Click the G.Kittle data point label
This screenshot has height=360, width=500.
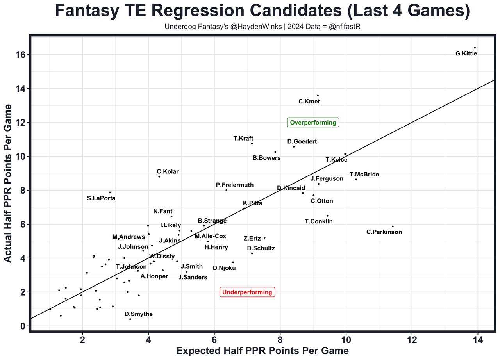466,53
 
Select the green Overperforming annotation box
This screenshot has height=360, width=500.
313,123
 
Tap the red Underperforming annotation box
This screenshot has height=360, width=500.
247,292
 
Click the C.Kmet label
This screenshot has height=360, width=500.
309,102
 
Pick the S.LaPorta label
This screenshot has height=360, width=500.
101,198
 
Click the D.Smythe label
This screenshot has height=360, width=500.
139,314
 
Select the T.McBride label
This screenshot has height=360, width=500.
364,175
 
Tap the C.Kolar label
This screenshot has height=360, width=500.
168,171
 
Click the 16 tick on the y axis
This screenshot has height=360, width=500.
20,55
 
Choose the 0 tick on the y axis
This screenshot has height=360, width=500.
23,326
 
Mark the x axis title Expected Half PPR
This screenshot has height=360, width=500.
262,351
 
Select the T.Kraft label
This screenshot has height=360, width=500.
243,138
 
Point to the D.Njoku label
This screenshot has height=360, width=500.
224,268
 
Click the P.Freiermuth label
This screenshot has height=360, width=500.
234,185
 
